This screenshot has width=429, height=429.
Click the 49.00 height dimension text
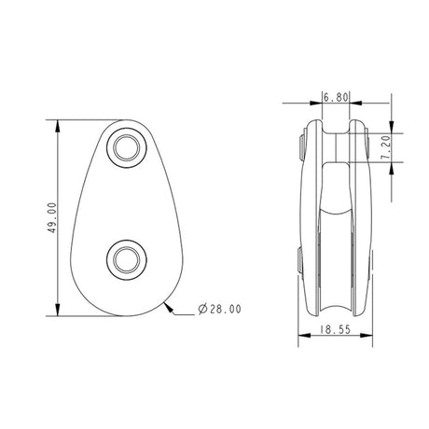50,219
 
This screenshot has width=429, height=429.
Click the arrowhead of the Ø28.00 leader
170,302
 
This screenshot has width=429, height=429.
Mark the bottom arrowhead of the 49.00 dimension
59,315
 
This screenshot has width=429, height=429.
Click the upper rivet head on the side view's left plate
300,144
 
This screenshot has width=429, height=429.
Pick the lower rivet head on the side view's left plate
300,264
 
